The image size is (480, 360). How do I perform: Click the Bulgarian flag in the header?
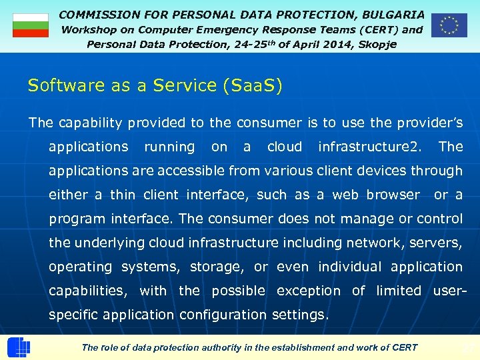(31, 25)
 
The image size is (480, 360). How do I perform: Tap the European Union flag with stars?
(449, 25)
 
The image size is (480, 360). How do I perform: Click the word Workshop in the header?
(89, 29)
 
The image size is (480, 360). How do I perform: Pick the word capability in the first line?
(89, 123)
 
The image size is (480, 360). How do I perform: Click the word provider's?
(431, 123)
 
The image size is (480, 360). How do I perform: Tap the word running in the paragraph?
(169, 147)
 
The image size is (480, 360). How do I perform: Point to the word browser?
(393, 195)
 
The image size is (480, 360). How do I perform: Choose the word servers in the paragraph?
(437, 243)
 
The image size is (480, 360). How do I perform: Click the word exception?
(308, 291)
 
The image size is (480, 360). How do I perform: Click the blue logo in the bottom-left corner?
(18, 347)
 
